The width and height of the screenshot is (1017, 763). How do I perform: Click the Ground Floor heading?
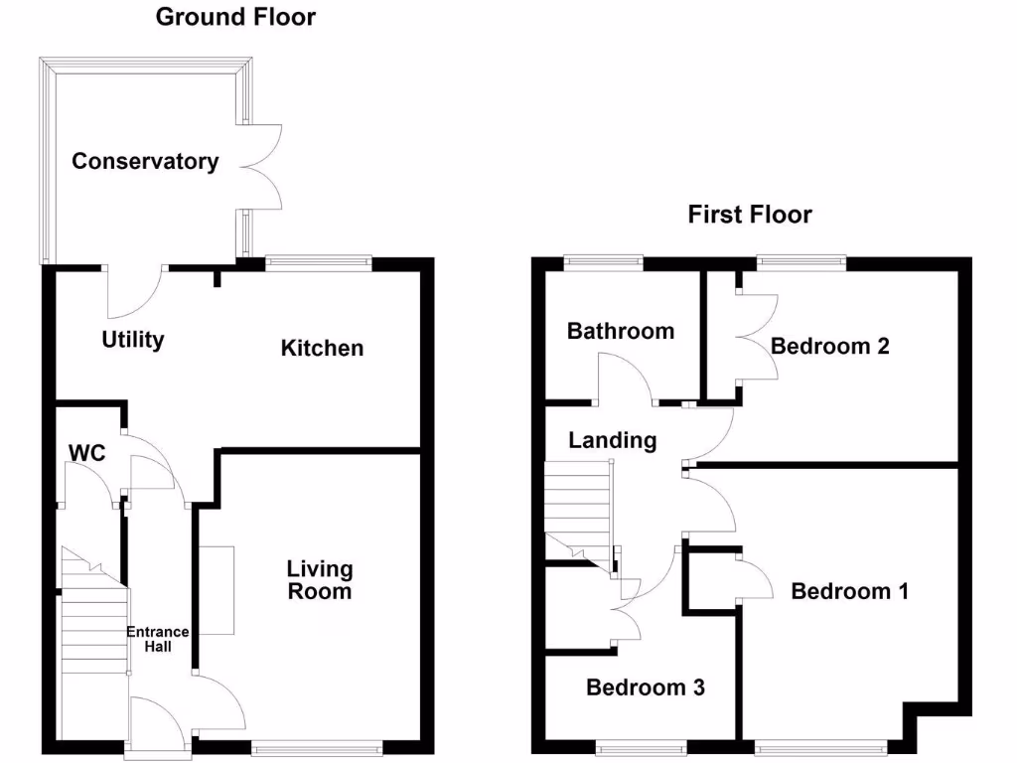tap(236, 17)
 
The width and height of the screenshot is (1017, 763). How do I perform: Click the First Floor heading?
tap(750, 215)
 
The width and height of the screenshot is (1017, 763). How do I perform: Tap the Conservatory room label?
tap(145, 161)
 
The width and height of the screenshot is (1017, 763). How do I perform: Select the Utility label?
tap(133, 340)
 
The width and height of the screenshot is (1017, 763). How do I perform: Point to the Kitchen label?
tap(322, 348)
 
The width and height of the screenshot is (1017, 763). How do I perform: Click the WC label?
tap(86, 453)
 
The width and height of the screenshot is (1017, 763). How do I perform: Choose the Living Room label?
tap(320, 580)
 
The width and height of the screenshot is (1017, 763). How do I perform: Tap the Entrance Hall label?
tap(157, 639)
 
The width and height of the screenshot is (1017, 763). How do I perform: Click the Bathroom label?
tap(620, 331)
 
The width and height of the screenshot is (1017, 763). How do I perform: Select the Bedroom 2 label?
tap(829, 346)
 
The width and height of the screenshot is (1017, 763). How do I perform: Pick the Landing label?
tap(612, 440)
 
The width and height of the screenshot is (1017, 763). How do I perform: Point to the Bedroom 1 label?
tap(849, 591)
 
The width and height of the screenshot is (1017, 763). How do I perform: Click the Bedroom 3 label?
tap(646, 687)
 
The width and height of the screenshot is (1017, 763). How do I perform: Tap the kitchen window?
tap(318, 262)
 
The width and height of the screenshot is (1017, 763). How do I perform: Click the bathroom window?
tap(603, 262)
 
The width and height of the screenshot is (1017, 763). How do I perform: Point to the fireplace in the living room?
tap(217, 590)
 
